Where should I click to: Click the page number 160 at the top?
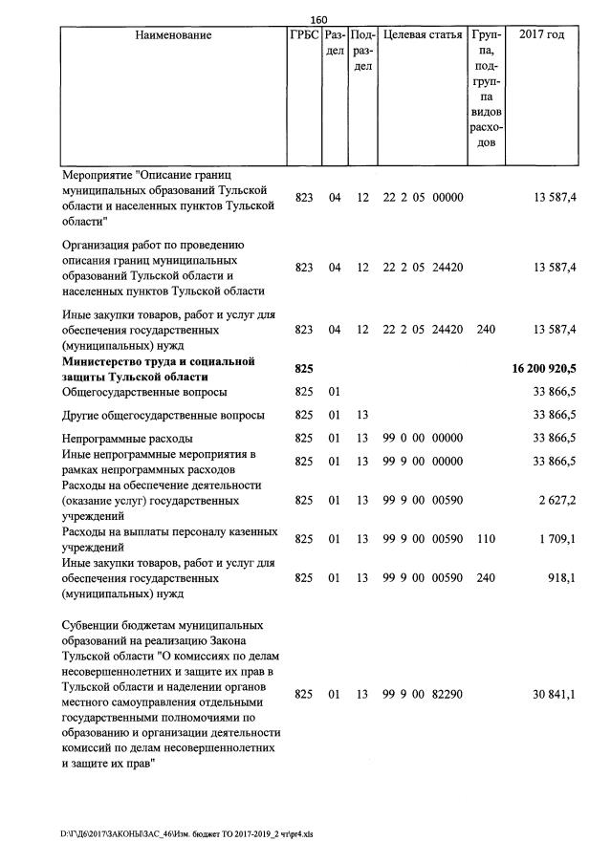click(318, 18)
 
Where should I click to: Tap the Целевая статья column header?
click(423, 35)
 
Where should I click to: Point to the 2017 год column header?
click(540, 35)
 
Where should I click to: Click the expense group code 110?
click(486, 539)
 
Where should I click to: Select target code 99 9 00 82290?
click(423, 695)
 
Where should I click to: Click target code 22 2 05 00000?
click(423, 198)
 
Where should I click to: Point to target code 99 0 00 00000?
click(423, 439)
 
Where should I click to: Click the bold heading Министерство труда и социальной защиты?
click(158, 368)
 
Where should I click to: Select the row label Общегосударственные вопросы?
click(144, 392)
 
